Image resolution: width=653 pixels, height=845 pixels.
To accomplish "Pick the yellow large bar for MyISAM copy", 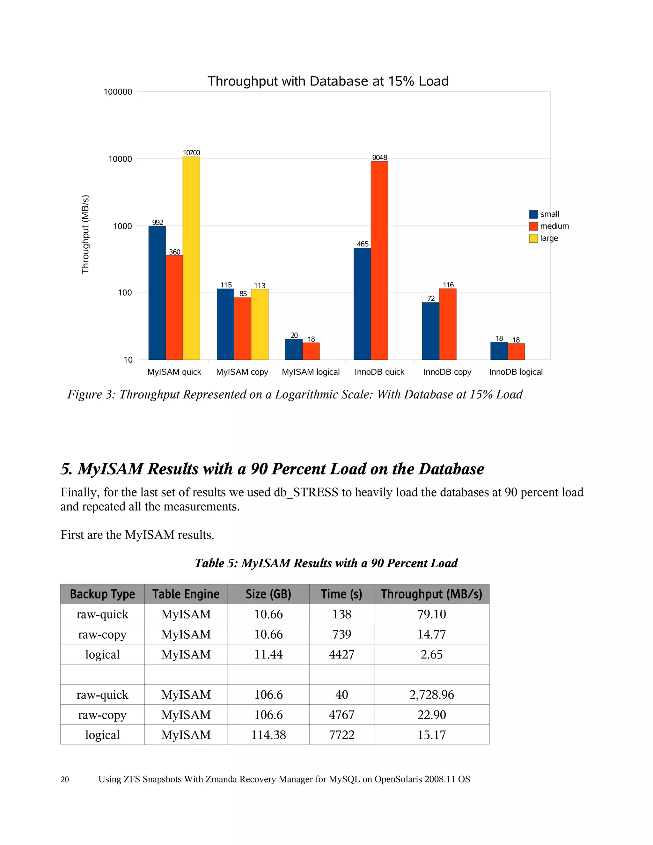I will point(260,324).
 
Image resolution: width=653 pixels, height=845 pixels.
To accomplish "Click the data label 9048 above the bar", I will point(379,158).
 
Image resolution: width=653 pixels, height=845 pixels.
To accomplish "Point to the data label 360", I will point(174,252).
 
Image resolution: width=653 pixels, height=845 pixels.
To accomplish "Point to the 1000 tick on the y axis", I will point(122,226).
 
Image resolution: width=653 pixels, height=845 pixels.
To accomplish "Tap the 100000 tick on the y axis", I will point(118,92).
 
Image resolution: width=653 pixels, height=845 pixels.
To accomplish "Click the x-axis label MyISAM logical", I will point(311,372).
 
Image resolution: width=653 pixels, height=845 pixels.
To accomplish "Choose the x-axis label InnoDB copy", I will point(447,372).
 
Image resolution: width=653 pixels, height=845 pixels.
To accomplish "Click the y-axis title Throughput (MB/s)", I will point(85,234).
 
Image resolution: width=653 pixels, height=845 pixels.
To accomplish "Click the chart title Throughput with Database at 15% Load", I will point(328,81).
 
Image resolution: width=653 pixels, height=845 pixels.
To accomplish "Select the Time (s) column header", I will point(341,594).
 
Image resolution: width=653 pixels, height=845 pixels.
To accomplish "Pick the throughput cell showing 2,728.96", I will point(431,694).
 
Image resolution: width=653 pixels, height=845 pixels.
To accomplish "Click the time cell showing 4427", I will point(341,654).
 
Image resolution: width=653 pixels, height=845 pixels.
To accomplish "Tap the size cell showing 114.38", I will point(268,735).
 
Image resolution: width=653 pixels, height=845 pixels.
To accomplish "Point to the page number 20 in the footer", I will point(65,779).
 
